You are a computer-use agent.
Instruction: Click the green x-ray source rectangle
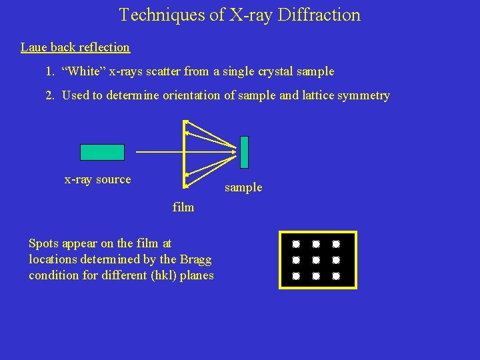point(102,152)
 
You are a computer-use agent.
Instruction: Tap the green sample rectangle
point(244,152)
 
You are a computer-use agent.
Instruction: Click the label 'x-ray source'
point(97,179)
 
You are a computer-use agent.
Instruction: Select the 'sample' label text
point(243,188)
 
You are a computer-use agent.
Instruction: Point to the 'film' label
point(183,207)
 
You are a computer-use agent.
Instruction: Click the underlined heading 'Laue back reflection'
point(75,47)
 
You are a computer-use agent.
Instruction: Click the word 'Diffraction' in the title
point(319,15)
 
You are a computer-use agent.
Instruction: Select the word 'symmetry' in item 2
point(364,95)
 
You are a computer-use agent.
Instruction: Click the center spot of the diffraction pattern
point(317,259)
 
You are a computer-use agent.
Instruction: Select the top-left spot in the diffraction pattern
point(296,244)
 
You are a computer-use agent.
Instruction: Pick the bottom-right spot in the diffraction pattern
point(337,275)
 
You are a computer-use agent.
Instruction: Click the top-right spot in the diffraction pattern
point(337,244)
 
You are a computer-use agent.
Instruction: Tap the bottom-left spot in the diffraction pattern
point(296,275)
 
